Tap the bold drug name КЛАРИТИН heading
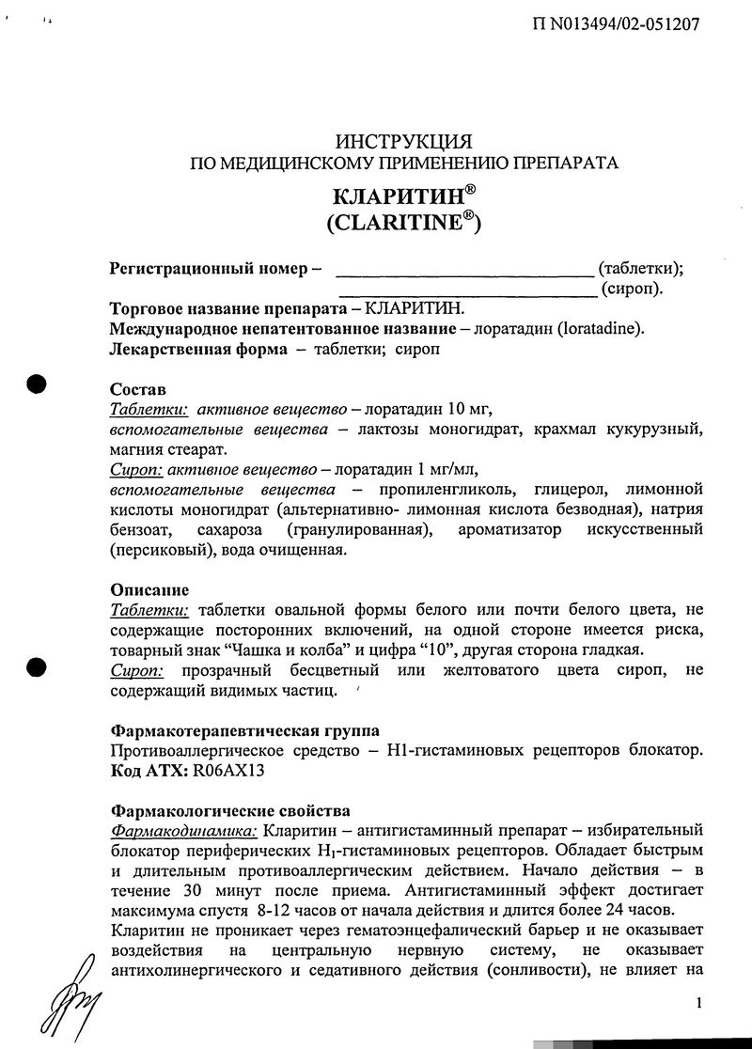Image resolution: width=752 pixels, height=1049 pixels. (x=399, y=198)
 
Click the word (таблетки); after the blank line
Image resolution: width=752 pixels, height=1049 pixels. (x=640, y=269)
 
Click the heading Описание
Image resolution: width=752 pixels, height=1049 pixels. (x=149, y=590)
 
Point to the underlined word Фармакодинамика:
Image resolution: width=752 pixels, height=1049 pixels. (x=184, y=831)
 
